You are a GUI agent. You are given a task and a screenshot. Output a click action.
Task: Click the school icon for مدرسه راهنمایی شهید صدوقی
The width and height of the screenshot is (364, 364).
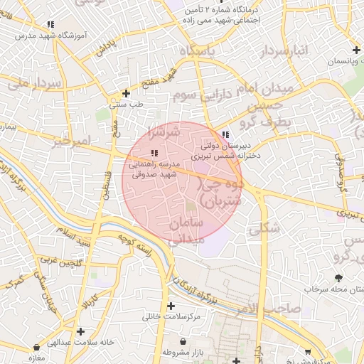tap(154, 153)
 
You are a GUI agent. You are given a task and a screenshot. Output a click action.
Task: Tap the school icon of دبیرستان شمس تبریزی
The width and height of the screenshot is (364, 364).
tap(225, 134)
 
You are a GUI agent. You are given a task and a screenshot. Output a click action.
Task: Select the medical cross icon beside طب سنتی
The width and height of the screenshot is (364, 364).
tap(126, 93)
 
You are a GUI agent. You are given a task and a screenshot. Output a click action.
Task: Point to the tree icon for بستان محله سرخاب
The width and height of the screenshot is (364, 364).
tap(338, 278)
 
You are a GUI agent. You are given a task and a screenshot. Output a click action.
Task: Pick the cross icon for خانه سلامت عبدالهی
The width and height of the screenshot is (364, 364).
tap(80, 331)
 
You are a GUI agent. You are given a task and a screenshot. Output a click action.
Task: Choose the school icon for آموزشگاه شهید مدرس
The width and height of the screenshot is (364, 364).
tap(49, 23)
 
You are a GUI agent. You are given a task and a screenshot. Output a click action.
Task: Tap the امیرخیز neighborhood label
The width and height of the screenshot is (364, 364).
tap(72, 141)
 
